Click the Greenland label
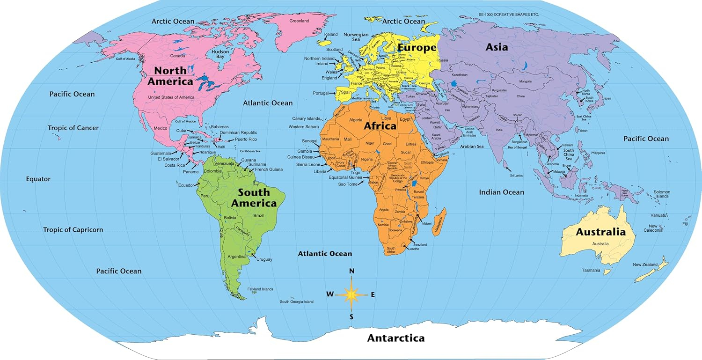[299, 21]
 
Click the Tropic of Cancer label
[73, 128]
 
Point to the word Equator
[38, 179]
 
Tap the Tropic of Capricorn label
[73, 230]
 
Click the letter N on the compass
[351, 271]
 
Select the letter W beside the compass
[330, 294]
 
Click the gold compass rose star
[351, 294]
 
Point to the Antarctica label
[395, 338]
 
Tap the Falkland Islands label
[260, 289]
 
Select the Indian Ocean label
[501, 192]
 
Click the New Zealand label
[645, 264]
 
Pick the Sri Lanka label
[516, 175]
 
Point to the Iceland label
[331, 34]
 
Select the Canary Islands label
[306, 118]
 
